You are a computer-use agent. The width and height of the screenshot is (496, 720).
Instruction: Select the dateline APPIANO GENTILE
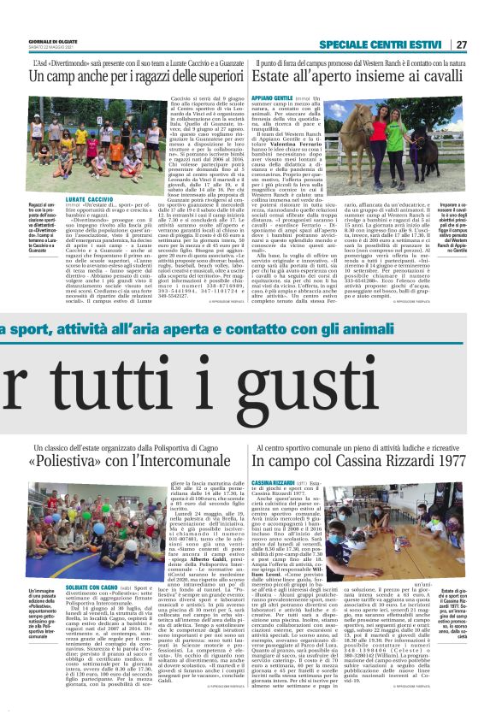272,98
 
